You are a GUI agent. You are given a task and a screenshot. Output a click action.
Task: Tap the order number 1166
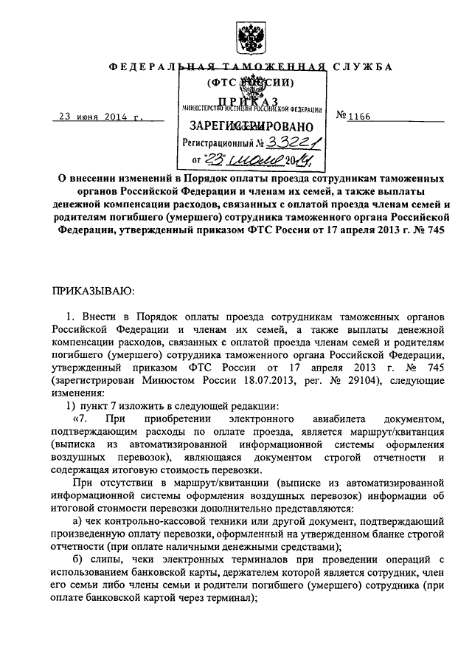[367, 116]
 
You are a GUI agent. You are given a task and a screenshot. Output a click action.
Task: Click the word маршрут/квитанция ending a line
[396, 433]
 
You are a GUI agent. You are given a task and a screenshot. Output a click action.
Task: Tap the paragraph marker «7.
[73, 419]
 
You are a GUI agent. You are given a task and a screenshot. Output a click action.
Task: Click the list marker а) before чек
[69, 521]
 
